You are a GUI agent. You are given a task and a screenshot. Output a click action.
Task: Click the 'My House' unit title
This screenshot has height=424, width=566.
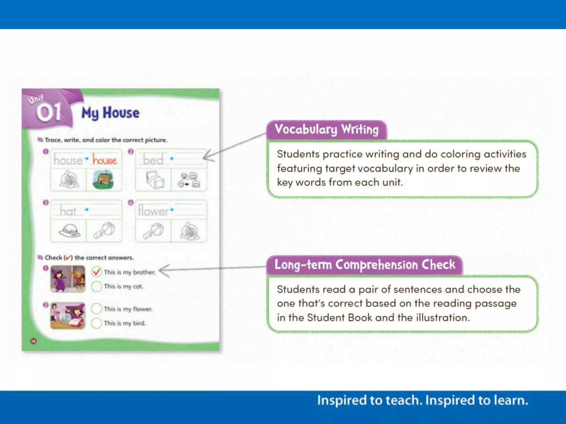coord(110,113)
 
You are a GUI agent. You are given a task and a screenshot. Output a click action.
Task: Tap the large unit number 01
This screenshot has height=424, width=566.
coord(49,113)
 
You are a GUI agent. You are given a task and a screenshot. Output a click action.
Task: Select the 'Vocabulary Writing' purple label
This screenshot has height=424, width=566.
coord(326,129)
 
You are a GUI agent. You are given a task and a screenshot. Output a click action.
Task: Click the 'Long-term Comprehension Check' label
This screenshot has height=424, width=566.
coord(365,265)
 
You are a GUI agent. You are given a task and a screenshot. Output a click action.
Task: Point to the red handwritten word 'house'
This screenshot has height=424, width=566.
coord(104,160)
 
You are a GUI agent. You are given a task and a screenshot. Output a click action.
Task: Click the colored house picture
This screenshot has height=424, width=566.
coord(103,180)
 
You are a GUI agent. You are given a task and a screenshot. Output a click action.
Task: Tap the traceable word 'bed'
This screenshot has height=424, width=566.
coord(153,160)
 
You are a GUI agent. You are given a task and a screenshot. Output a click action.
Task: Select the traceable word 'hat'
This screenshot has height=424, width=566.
coord(68,211)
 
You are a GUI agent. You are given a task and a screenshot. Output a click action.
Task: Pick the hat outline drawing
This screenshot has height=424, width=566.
coord(69,231)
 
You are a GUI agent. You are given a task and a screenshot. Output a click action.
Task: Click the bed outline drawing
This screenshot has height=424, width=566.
coord(154,180)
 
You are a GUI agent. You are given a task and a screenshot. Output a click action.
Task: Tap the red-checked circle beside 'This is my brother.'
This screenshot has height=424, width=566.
coord(96,272)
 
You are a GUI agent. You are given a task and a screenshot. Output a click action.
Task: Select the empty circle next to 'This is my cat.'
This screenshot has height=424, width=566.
coord(96,286)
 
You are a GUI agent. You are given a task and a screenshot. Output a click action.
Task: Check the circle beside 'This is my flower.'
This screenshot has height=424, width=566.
coord(96,309)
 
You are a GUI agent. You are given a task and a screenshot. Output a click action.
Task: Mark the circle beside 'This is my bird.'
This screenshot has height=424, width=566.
coord(96,323)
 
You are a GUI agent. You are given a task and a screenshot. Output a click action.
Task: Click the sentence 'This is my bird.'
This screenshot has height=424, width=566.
coord(125,323)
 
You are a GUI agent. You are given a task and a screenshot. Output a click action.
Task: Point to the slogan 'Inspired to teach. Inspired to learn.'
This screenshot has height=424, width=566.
coord(423,401)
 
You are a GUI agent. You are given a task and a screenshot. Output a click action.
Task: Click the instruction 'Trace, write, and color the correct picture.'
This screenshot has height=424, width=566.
coord(106,140)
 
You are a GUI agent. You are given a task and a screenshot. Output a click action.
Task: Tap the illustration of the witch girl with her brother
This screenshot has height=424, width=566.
coord(68,279)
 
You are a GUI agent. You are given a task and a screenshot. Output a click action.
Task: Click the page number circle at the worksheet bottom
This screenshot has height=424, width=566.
coord(33,341)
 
